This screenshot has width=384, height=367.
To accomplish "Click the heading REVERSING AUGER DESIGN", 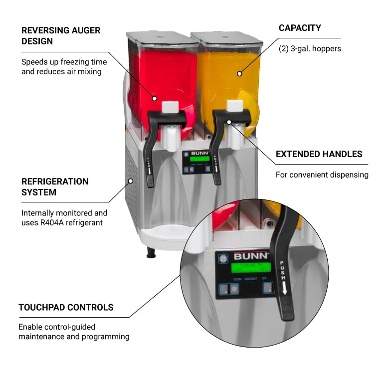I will point(61,35).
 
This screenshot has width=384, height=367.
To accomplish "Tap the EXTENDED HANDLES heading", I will point(319,154).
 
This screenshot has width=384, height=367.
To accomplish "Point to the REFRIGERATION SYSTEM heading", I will point(55,186).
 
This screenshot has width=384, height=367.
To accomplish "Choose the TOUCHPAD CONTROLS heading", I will point(66,307).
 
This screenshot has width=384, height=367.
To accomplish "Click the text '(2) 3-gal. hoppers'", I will point(310,49).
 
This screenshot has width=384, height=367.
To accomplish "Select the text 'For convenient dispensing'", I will point(322,175).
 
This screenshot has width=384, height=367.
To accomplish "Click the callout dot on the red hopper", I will point(155,98).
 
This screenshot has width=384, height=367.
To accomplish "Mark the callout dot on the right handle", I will point(229,121).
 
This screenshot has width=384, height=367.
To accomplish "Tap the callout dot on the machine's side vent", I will point(131,181).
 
